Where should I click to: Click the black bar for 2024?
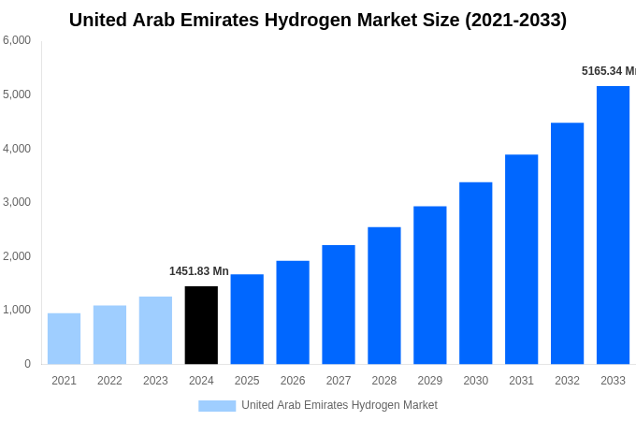pos(201,325)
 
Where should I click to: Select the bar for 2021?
pos(64,339)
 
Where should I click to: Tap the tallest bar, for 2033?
pos(613,225)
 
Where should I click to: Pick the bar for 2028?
pos(384,296)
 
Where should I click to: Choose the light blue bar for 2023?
pos(155,330)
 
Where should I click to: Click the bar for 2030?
pos(475,273)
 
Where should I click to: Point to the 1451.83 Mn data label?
pos(198,271)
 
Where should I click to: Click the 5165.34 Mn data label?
pos(608,71)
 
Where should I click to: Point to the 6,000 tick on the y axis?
pos(17,40)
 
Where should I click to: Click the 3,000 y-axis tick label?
pos(17,202)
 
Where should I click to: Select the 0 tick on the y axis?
pos(27,364)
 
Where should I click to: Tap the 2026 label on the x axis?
pos(293,381)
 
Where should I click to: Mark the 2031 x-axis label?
pos(521,381)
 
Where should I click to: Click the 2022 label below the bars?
pos(109,381)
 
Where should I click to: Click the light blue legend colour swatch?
pos(217,405)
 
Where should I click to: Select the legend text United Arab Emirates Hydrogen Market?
pos(340,405)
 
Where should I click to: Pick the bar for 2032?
pos(567,243)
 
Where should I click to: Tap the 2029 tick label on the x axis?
pos(430,381)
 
